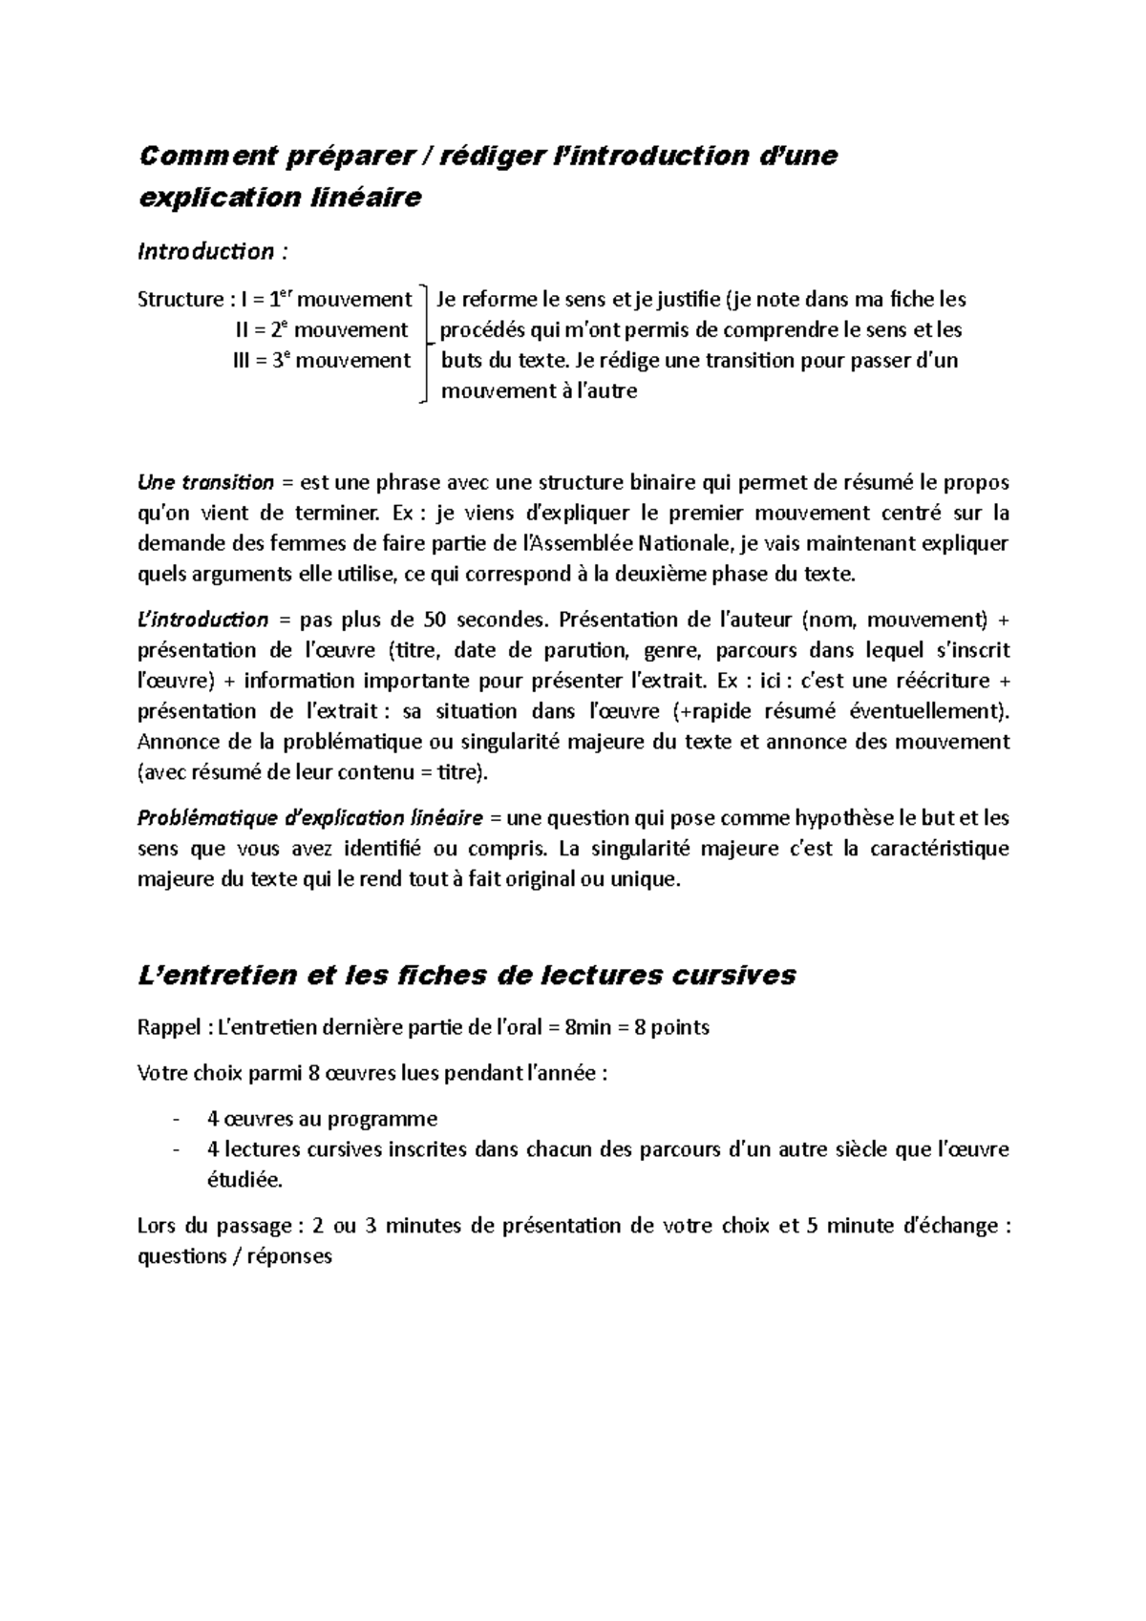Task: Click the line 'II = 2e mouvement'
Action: [321, 330]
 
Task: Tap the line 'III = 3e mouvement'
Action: [322, 361]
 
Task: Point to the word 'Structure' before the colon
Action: [180, 300]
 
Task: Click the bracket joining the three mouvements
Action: [424, 344]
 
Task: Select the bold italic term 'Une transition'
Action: [205, 482]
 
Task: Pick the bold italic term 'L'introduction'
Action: [203, 620]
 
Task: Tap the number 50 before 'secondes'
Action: [434, 620]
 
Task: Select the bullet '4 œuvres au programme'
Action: [321, 1119]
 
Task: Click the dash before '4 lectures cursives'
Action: [175, 1149]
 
